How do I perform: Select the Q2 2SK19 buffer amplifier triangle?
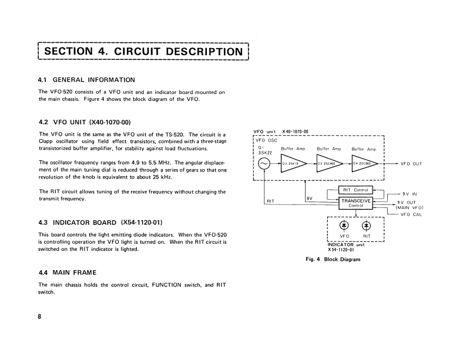[292, 164]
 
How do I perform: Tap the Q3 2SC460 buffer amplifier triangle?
[328, 164]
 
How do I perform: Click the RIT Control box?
[356, 190]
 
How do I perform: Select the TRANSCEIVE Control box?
[356, 203]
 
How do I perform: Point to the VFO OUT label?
[411, 164]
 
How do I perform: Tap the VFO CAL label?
[411, 214]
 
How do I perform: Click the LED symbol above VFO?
[344, 225]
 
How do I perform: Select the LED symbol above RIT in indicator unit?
[367, 225]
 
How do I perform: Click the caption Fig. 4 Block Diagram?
[333, 259]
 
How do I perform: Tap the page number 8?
[40, 317]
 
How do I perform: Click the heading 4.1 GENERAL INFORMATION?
[86, 79]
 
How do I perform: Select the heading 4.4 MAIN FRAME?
[67, 272]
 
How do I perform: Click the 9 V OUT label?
[406, 202]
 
